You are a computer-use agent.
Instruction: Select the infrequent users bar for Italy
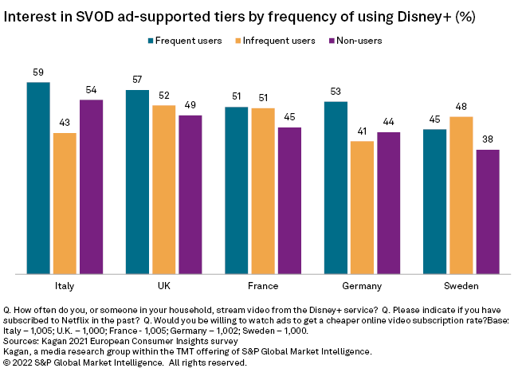click(65, 204)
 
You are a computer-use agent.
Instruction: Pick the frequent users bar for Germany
click(336, 188)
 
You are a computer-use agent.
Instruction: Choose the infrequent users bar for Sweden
click(461, 196)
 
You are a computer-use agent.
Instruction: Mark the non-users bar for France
click(289, 201)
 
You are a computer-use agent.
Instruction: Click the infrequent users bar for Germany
click(362, 208)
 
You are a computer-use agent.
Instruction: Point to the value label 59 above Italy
click(38, 72)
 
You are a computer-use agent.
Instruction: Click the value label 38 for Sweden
click(487, 139)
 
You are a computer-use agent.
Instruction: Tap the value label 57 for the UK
click(137, 80)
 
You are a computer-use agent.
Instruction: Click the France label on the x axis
click(263, 285)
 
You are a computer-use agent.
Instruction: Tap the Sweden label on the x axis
click(460, 285)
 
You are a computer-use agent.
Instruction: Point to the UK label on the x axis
click(163, 285)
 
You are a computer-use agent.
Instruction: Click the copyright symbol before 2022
click(7, 362)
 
